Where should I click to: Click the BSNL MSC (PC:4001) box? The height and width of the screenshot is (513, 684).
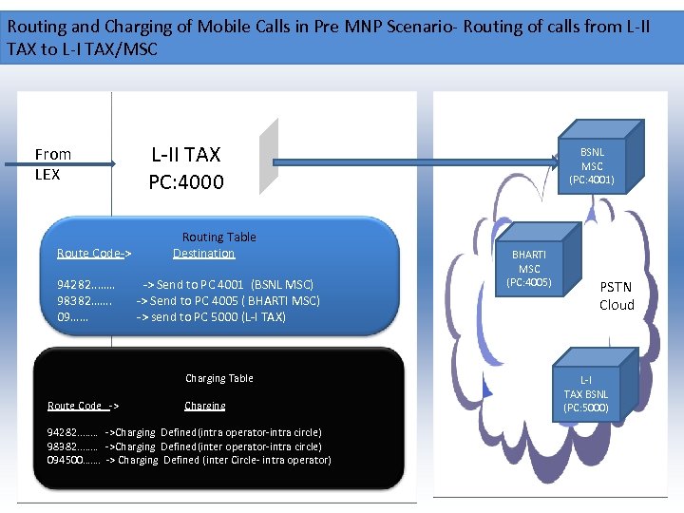tap(592, 165)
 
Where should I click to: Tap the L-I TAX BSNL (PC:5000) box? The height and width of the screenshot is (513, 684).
tap(586, 394)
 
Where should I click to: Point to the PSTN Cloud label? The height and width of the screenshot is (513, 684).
tap(616, 295)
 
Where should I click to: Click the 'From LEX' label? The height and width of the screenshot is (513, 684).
tap(52, 163)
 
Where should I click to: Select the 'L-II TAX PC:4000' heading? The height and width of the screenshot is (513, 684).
tap(186, 167)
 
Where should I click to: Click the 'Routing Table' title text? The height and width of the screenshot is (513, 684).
tap(218, 237)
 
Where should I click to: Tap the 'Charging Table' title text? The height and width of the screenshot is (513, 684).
tap(218, 378)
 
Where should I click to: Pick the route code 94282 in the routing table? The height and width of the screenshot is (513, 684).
tap(85, 284)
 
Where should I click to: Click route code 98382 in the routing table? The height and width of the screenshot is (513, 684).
tap(85, 300)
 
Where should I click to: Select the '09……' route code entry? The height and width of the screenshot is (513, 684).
tap(73, 316)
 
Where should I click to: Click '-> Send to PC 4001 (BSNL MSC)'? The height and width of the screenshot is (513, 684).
tap(228, 284)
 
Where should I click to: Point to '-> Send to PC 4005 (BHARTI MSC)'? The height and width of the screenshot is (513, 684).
tap(228, 300)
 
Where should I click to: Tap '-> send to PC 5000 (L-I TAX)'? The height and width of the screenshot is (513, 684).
tap(211, 316)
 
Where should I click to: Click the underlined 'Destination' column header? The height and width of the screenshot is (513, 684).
tap(203, 253)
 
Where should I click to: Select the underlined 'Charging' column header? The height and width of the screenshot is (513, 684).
tap(205, 406)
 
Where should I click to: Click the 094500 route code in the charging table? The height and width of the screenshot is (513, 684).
tap(73, 460)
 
